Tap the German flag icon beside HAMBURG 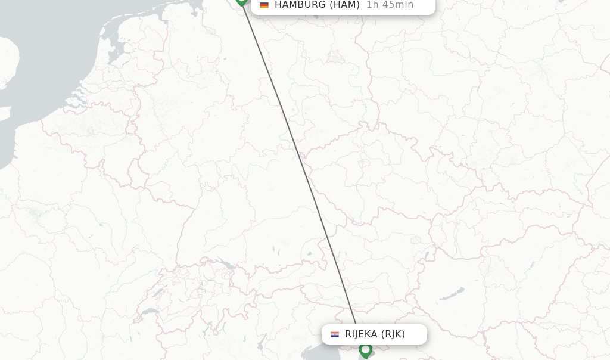pos(264,5)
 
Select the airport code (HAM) pos(344,5)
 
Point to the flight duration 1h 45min pos(390,5)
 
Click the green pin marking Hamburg pos(241,1)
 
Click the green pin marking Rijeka pos(365,350)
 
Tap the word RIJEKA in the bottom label pos(361,334)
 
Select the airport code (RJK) pos(393,334)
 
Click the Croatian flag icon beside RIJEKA pos(335,334)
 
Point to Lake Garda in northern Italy pos(262,342)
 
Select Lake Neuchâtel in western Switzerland pos(158,293)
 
